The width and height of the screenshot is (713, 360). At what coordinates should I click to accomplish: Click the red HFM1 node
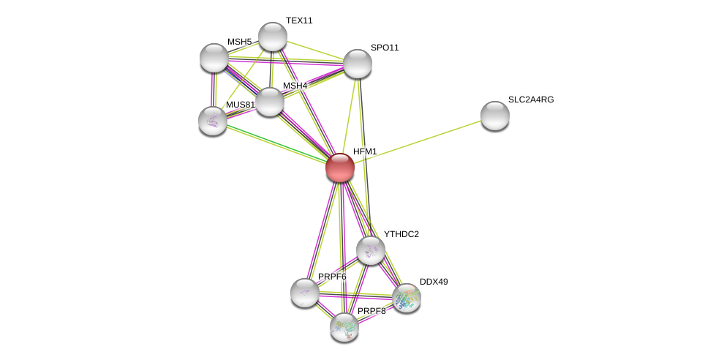[340, 168]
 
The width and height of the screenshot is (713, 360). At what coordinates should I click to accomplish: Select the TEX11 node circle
[273, 37]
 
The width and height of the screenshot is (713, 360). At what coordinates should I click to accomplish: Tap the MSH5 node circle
[214, 58]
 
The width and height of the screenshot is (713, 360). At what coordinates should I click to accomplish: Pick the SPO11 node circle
[358, 64]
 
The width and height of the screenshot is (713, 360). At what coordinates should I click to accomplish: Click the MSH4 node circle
[270, 102]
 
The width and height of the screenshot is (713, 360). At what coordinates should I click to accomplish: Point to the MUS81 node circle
[213, 121]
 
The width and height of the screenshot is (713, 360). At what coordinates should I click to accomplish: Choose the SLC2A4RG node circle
[495, 116]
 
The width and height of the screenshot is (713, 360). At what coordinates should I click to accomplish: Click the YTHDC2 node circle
[371, 250]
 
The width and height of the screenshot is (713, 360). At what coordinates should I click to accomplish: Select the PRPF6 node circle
[305, 293]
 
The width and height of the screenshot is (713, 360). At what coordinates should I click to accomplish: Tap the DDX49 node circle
[407, 298]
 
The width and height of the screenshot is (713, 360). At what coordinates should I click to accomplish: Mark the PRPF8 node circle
[344, 327]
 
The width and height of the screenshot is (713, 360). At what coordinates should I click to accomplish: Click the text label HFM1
[365, 151]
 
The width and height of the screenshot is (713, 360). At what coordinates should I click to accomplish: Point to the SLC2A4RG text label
[531, 100]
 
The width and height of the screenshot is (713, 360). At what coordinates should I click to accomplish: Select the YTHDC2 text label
[401, 234]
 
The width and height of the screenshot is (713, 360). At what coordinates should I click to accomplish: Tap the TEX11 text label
[299, 20]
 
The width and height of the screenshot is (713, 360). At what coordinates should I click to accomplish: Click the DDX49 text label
[434, 282]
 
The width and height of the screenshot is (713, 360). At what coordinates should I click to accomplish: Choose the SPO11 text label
[385, 48]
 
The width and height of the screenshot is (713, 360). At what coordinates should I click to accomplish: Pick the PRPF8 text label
[371, 311]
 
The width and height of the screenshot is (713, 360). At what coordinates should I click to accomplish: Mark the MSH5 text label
[239, 42]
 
